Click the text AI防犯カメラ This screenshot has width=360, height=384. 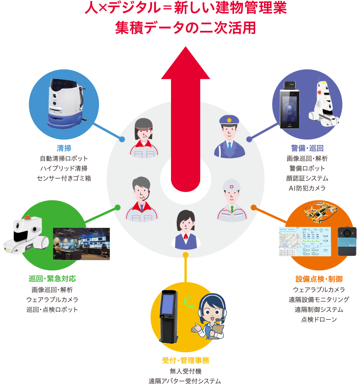coord(307,188)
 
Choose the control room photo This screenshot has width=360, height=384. coord(81,244)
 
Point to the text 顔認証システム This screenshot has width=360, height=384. coord(307,178)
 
